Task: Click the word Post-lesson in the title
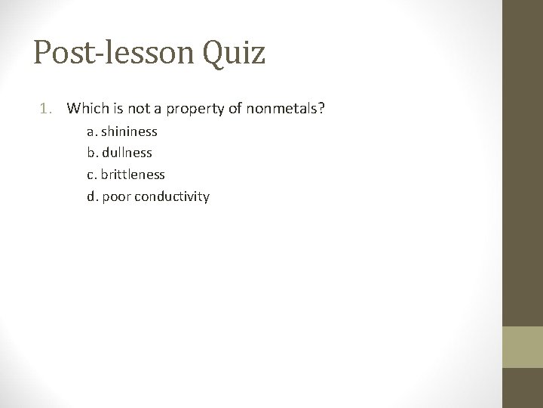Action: tap(113, 53)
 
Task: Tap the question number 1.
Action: tap(45, 109)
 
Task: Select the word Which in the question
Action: tap(84, 109)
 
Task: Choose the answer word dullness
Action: tap(126, 153)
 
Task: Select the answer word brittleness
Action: tap(133, 175)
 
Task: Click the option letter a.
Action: tap(90, 131)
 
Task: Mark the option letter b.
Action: tap(90, 153)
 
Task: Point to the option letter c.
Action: tap(90, 175)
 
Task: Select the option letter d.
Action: tap(90, 196)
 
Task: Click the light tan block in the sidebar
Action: tap(523, 347)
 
